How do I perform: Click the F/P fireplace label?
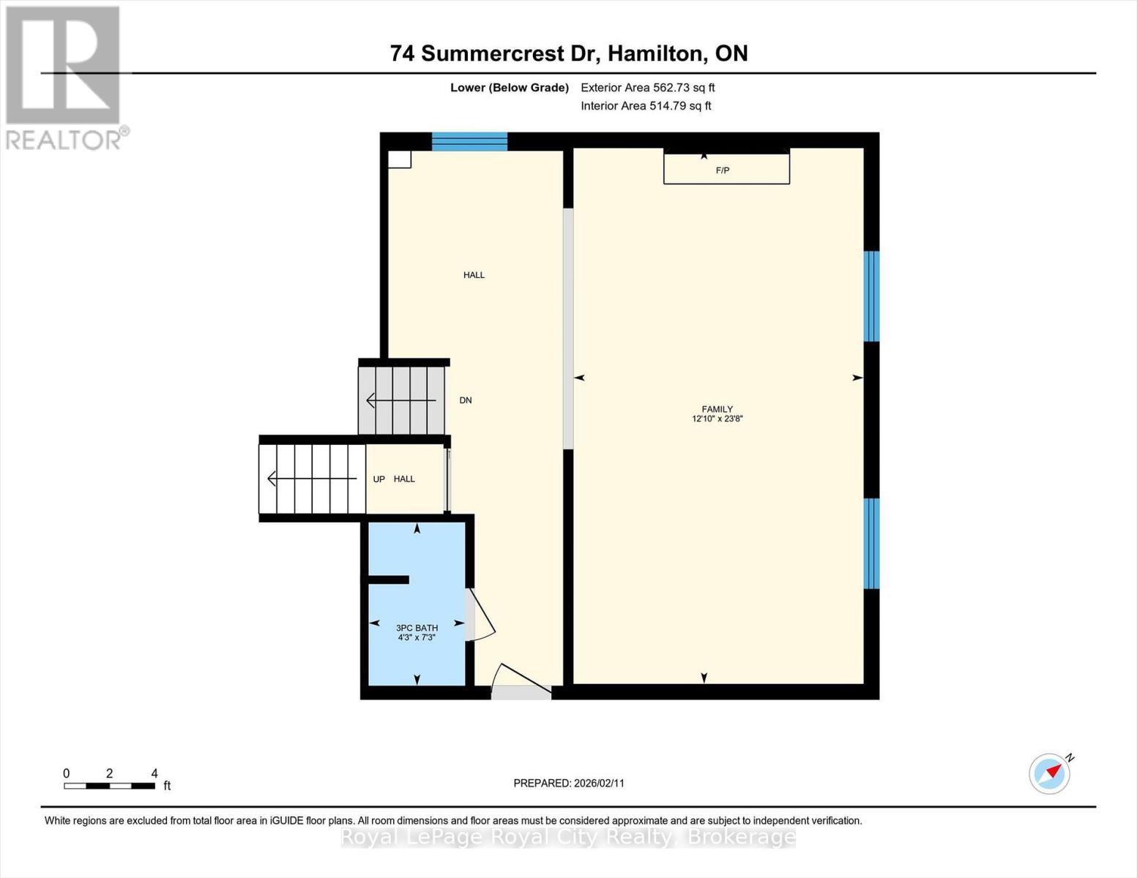click(x=723, y=170)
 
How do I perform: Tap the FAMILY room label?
click(x=717, y=410)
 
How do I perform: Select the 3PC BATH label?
click(x=417, y=628)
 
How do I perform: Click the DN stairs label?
click(x=466, y=400)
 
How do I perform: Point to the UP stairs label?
click(x=379, y=479)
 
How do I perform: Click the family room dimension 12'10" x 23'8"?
click(x=717, y=419)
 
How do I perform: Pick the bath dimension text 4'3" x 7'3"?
click(x=417, y=637)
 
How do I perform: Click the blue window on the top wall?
click(x=469, y=141)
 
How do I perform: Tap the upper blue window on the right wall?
click(x=871, y=296)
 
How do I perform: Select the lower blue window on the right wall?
click(x=871, y=544)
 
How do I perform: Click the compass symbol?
click(x=1050, y=773)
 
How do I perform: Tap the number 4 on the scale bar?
click(x=154, y=773)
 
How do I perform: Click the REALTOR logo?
click(x=64, y=77)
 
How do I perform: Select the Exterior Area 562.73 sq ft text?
click(x=647, y=88)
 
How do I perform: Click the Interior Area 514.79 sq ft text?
click(x=646, y=106)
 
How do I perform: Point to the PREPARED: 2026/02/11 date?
click(x=569, y=783)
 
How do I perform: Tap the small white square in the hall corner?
click(x=399, y=160)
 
